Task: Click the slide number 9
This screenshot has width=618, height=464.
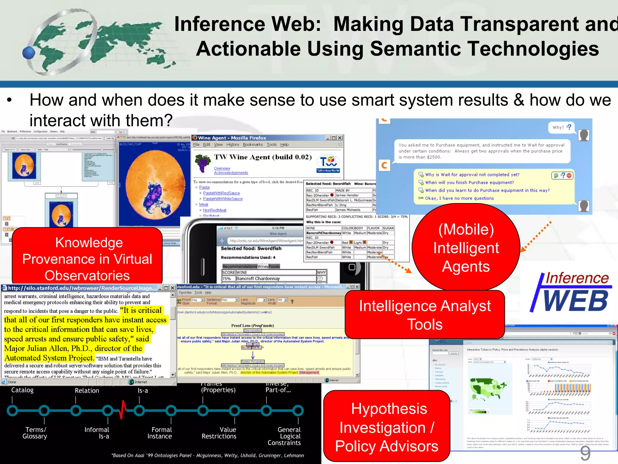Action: [585, 453]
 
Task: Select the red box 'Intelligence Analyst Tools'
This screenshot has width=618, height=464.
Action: [425, 315]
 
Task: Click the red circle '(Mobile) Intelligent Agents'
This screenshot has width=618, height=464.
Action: [466, 248]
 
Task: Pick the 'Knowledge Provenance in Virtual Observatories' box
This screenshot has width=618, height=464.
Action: [87, 259]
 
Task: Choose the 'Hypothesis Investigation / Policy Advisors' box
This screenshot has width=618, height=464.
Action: [387, 427]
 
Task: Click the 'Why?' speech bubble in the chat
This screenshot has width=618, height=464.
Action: [561, 127]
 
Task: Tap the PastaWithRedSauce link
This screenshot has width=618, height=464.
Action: [221, 193]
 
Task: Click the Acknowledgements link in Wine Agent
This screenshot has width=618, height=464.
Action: [231, 173]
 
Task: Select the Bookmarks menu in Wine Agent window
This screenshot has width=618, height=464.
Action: [253, 145]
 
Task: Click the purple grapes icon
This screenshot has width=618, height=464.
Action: [203, 162]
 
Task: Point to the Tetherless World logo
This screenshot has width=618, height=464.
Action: [328, 163]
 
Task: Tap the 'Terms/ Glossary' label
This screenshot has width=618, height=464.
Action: [35, 433]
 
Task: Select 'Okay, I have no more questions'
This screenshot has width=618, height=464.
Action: [459, 198]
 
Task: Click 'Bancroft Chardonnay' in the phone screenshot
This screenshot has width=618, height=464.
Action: [258, 279]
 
